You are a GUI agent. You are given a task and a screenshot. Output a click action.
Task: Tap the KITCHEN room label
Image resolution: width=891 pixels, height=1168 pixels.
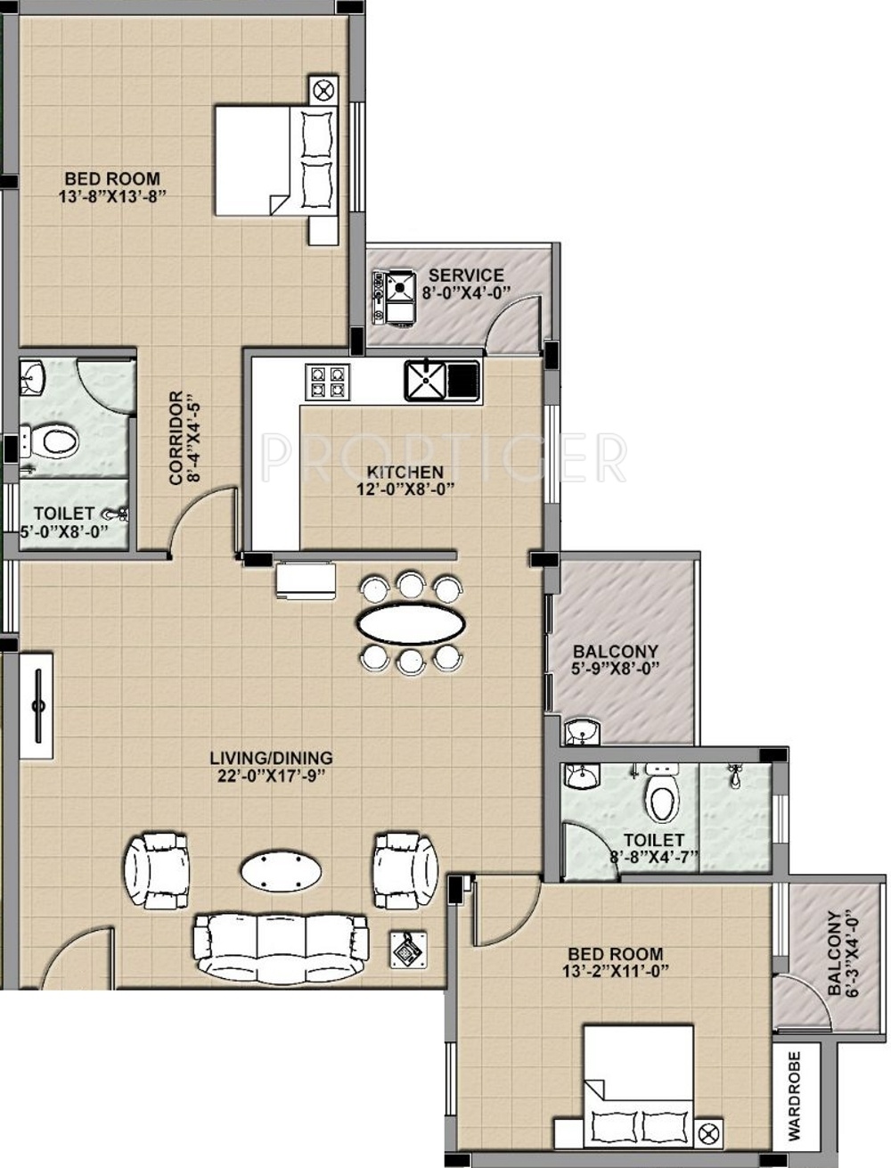[405, 472]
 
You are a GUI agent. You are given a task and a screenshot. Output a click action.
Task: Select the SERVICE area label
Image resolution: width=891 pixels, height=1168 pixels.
[466, 276]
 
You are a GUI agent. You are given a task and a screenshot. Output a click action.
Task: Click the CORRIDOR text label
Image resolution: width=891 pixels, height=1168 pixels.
[176, 438]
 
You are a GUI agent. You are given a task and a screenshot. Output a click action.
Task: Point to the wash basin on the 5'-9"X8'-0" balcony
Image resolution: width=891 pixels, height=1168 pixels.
[582, 732]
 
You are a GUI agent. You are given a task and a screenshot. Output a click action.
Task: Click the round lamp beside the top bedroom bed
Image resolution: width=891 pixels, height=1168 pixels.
[323, 90]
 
